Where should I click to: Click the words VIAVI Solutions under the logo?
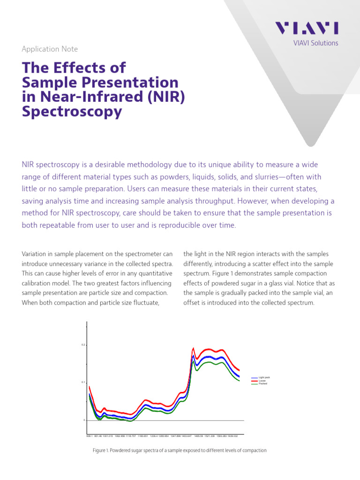point(315,43)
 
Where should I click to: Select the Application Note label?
point(50,49)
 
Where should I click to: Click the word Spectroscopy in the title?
point(72,112)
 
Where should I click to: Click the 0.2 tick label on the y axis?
point(83,345)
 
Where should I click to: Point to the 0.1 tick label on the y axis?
point(83,382)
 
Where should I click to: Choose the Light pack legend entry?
point(264,377)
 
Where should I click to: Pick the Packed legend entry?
point(263,384)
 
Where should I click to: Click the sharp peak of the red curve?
point(194,348)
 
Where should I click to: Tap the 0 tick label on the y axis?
point(84,420)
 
